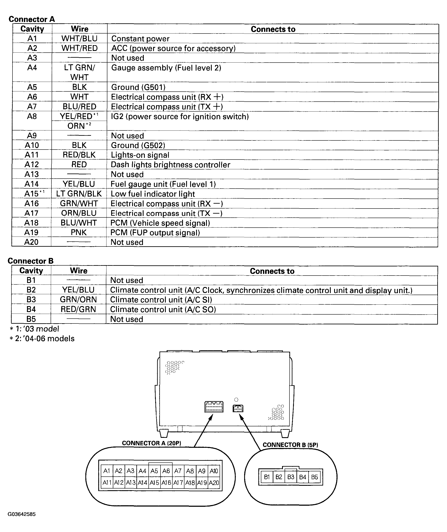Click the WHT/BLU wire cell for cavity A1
point(79,39)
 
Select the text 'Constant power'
point(140,39)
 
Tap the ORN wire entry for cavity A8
point(79,126)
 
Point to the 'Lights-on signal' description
point(140,155)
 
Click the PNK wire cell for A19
point(79,232)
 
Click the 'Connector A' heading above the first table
point(32,19)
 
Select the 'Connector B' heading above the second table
point(31,261)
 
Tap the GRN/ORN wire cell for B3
point(78,300)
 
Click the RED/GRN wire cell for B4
point(78,309)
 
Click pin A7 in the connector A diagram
point(178,471)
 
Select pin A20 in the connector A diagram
point(214,483)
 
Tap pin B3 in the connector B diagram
point(291,477)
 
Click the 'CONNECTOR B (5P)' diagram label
point(290,445)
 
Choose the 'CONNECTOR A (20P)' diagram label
point(151,443)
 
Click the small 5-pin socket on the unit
point(238,408)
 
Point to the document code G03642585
point(22,514)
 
